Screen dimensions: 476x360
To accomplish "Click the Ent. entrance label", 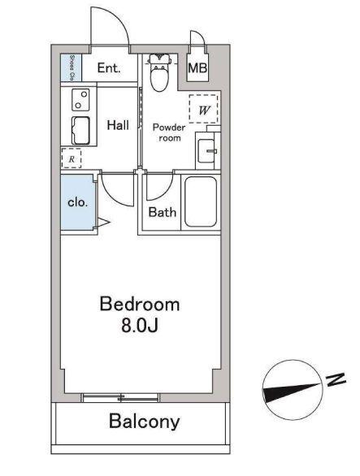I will [x=108, y=68].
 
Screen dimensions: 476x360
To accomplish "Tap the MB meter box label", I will [x=197, y=68].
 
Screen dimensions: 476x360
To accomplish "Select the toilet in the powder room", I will [x=159, y=75].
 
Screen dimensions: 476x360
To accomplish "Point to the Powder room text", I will [x=169, y=132].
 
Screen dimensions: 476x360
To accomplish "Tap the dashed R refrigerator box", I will [x=72, y=158].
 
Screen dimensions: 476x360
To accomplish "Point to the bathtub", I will [x=200, y=203].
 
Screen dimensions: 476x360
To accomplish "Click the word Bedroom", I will [x=139, y=305].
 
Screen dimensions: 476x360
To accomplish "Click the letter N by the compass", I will [x=332, y=379].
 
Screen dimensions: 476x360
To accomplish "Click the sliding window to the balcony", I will [x=122, y=398].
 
